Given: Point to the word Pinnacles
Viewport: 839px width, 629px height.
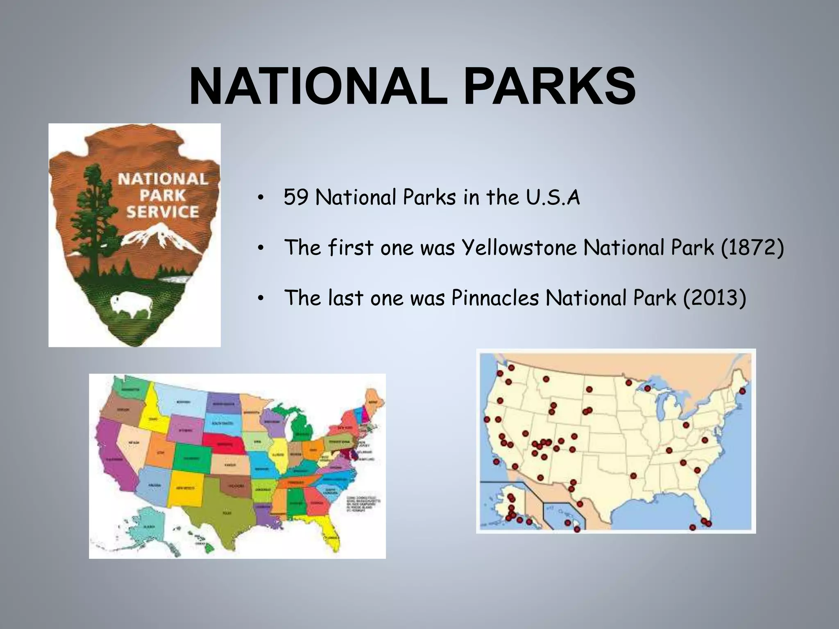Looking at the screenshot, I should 495,298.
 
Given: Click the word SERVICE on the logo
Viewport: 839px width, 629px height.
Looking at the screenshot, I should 163,212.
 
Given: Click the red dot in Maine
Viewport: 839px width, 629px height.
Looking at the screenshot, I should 742,391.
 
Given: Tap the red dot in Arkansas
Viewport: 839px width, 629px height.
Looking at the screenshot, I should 634,476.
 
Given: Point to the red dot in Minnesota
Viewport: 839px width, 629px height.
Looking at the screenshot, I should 628,383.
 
